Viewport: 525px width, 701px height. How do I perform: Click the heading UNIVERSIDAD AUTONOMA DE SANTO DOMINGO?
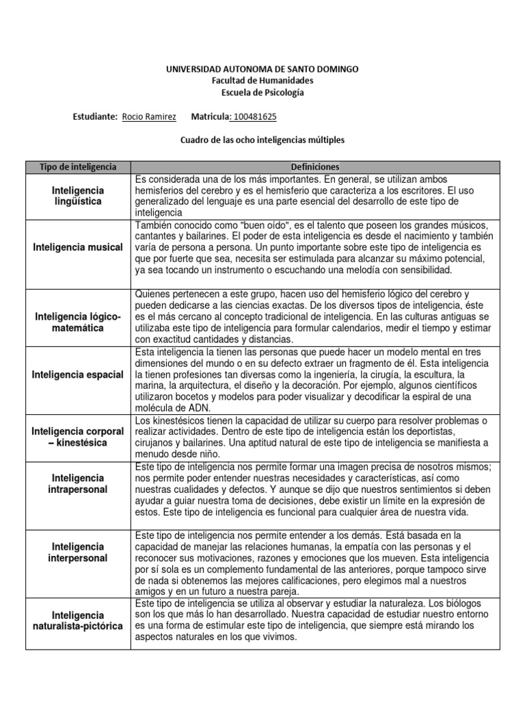pos(262,70)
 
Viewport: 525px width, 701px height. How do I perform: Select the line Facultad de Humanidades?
pos(262,81)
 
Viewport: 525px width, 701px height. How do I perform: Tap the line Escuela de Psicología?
pos(262,92)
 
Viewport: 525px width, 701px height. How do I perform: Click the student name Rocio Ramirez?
pos(148,117)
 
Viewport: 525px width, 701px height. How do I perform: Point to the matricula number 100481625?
pos(255,117)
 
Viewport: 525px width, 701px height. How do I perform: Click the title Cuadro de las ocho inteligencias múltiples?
pos(262,140)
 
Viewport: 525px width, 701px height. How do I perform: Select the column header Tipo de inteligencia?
pos(78,167)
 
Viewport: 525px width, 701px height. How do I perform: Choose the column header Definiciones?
pos(314,167)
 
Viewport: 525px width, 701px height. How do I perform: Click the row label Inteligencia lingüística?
pos(78,196)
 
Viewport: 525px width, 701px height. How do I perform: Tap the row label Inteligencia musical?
pos(78,247)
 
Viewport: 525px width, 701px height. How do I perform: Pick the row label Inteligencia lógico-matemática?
pos(78,322)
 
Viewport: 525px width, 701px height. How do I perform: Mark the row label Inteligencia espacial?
pos(78,374)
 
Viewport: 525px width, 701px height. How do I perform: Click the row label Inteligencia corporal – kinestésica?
pos(78,437)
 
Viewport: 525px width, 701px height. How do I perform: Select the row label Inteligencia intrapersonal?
pos(78,483)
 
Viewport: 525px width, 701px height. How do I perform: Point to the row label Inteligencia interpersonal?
pos(78,552)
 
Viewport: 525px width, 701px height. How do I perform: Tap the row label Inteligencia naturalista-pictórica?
pos(78,621)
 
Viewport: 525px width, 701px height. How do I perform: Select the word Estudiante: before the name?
pos(95,117)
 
